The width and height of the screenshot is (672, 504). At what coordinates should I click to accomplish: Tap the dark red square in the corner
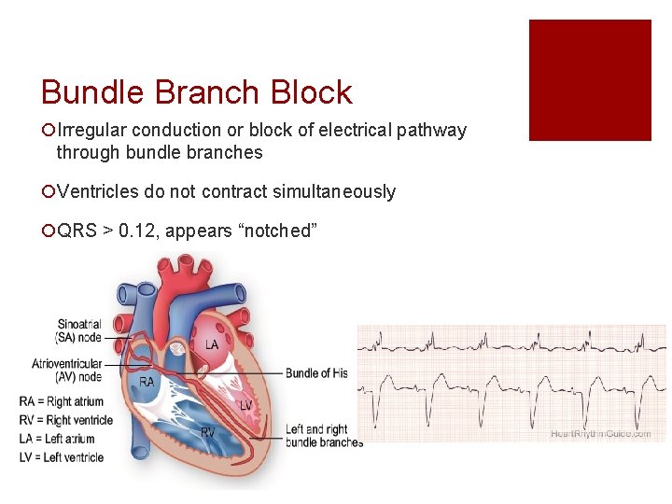590,80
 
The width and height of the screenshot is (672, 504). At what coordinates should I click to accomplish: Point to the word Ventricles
98,192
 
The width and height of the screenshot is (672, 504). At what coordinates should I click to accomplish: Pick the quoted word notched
277,231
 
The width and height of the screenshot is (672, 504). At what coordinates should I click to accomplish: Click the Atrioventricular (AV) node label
66,370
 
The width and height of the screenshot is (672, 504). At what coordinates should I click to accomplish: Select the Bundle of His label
316,373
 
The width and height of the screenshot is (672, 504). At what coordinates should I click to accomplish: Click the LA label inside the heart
212,345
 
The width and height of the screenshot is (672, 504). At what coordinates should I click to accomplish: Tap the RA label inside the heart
147,382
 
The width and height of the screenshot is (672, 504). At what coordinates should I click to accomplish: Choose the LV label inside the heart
245,405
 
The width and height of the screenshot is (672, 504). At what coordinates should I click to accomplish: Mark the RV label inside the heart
207,432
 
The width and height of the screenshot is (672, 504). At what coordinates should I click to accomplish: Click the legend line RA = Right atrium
63,402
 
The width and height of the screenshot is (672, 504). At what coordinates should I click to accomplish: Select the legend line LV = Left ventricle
61,457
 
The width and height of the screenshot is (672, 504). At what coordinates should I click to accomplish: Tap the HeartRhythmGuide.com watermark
601,434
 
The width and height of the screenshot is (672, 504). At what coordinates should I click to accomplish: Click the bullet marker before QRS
47,231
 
